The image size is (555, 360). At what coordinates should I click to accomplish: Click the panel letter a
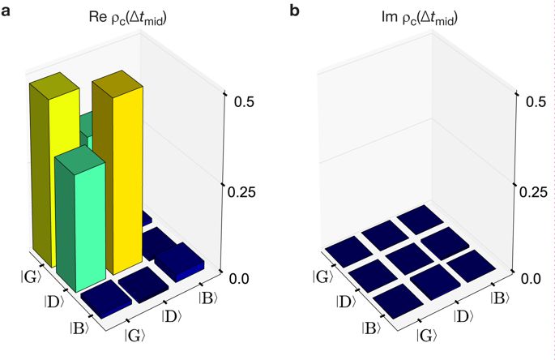pyautogui.click(x=7, y=11)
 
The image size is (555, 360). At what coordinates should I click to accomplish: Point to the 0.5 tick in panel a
pyautogui.click(x=244, y=102)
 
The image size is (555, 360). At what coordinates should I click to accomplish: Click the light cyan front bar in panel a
pyautogui.click(x=81, y=219)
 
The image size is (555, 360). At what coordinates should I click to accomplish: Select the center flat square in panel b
pyautogui.click(x=414, y=264)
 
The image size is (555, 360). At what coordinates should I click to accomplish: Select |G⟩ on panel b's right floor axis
pyautogui.click(x=428, y=335)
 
